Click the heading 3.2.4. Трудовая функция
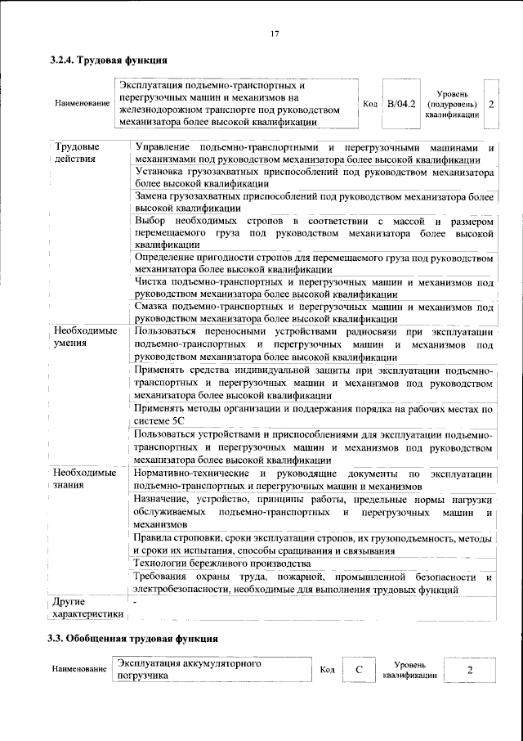click(110, 60)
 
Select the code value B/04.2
click(401, 104)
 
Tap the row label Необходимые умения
click(85, 337)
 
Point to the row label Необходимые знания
click(85, 479)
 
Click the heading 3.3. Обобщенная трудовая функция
click(132, 637)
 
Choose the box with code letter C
click(359, 670)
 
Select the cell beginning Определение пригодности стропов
click(314, 263)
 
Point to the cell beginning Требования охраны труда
click(314, 582)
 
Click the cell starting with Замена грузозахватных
click(314, 203)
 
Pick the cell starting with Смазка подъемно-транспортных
click(314, 312)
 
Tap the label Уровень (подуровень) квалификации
click(452, 105)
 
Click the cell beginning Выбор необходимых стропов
click(314, 232)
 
